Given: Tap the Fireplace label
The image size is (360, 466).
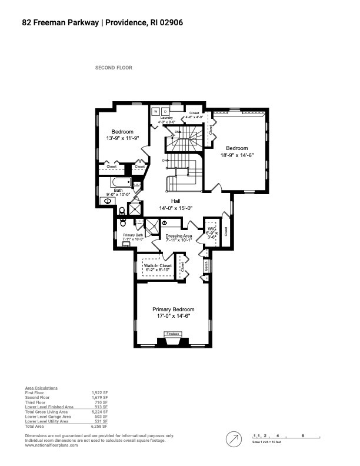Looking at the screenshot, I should pyautogui.click(x=172, y=334).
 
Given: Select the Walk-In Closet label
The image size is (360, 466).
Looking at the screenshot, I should pyautogui.click(x=157, y=266).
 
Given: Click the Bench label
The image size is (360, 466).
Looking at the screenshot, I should pyautogui.click(x=206, y=265).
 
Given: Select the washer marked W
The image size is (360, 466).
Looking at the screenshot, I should pyautogui.click(x=156, y=111).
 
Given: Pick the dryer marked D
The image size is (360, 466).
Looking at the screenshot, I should pyautogui.click(x=165, y=111).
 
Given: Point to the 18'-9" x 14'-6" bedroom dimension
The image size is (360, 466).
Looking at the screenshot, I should pyautogui.click(x=238, y=155).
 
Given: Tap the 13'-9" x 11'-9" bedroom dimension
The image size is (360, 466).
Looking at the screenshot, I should pyautogui.click(x=123, y=138).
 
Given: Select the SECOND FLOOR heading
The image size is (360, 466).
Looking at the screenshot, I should pyautogui.click(x=114, y=68).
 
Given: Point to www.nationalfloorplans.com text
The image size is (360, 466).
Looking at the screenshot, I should pyautogui.click(x=51, y=445).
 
